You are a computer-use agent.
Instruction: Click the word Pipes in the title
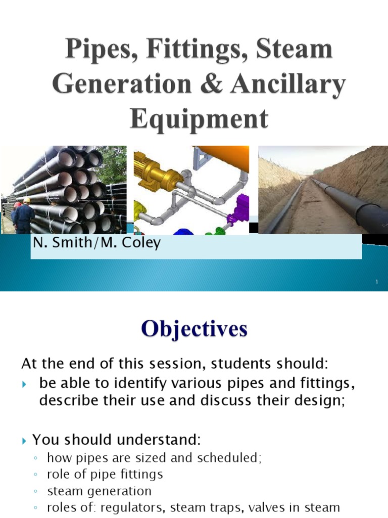pyautogui.click(x=93, y=52)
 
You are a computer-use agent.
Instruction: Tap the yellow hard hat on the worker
pyautogui.click(x=27, y=200)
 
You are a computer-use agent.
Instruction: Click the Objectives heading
pyautogui.click(x=195, y=330)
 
